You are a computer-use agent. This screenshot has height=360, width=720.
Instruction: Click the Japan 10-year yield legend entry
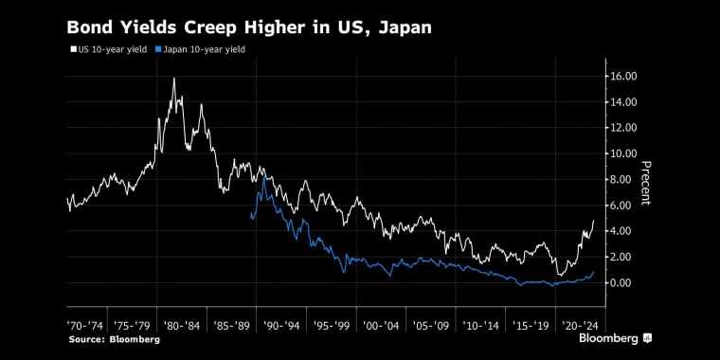200,49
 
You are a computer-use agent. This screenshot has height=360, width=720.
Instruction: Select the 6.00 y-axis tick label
628,206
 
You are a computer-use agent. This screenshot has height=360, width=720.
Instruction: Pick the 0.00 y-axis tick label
628,283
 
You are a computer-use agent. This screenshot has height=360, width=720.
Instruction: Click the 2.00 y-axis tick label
628,257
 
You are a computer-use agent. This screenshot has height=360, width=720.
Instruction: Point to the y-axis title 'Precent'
647,183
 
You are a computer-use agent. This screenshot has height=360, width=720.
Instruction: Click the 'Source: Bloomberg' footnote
113,338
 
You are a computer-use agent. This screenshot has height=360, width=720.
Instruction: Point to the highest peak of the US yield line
174,79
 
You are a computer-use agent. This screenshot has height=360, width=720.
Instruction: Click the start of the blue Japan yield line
250,218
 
